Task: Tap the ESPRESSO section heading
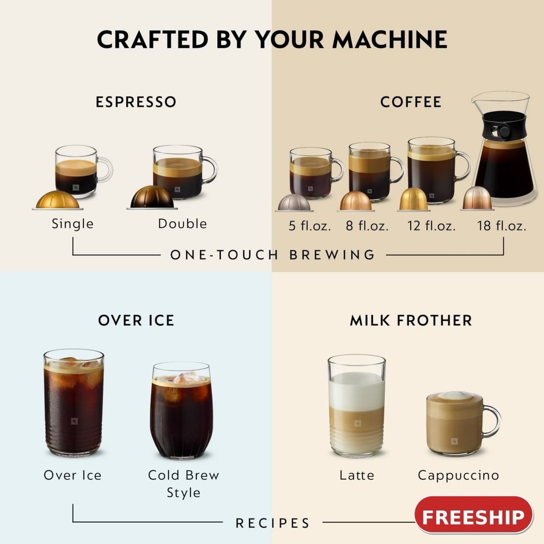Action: click(136, 102)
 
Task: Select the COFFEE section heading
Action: click(411, 102)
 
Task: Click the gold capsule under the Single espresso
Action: click(58, 200)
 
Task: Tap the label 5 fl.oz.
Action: click(310, 226)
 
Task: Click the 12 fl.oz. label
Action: click(431, 226)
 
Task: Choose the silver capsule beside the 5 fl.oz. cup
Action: click(294, 202)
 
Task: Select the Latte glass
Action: click(356, 405)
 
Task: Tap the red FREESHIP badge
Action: click(473, 515)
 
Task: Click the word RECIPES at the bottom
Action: click(273, 523)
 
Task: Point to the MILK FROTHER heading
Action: click(411, 320)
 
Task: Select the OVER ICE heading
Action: click(136, 320)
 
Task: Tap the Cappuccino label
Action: click(458, 475)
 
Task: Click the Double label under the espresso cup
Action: click(182, 224)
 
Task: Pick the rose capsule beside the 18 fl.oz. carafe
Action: click(477, 199)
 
